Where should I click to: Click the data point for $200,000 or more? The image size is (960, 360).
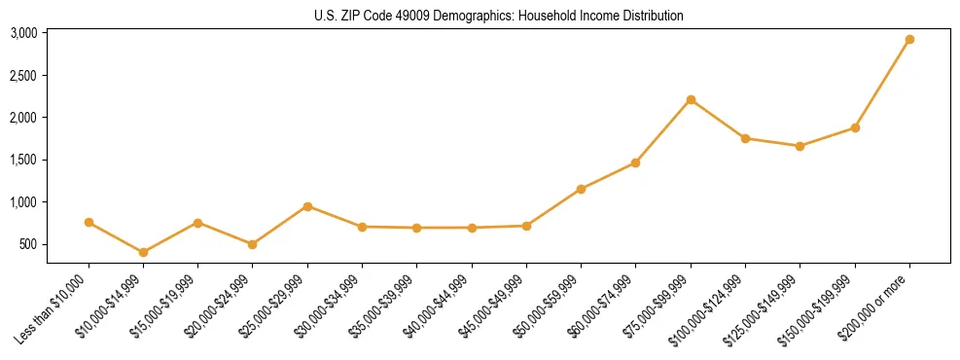tap(909, 40)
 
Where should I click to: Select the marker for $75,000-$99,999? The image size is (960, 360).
tap(691, 99)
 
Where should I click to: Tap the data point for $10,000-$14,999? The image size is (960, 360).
tap(144, 252)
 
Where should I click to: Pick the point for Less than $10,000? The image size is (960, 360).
tap(89, 223)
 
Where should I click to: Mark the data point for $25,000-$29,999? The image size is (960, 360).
tap(307, 206)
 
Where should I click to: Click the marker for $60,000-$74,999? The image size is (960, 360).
tap(636, 162)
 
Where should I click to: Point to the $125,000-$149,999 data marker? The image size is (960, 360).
tap(800, 146)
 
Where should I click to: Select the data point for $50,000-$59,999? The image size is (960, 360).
tap(581, 189)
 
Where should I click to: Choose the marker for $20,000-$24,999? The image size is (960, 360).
tap(253, 244)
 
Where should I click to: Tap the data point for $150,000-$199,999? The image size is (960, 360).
tap(855, 127)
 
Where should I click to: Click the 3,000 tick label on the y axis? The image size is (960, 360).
tap(23, 33)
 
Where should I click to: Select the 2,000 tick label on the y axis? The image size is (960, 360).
tap(23, 118)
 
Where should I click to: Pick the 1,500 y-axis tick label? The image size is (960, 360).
tap(23, 160)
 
